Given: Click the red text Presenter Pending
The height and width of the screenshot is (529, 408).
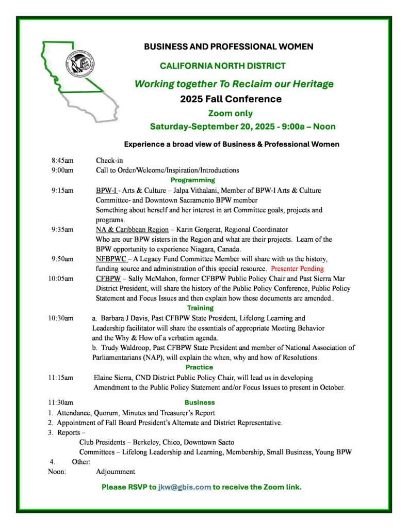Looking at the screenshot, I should click(x=297, y=269).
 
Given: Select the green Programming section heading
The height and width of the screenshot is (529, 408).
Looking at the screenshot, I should click(x=192, y=180).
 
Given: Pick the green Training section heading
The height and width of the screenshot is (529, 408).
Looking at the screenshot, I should click(x=192, y=308).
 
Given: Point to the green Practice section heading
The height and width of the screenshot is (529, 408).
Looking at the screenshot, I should click(x=192, y=367).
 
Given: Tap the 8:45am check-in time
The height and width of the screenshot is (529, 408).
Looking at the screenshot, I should click(x=61, y=160).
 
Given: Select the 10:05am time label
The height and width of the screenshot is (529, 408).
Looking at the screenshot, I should click(x=61, y=278).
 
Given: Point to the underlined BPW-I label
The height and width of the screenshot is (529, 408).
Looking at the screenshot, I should click(x=106, y=190).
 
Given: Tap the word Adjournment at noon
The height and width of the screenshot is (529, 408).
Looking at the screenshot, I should click(x=116, y=471).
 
